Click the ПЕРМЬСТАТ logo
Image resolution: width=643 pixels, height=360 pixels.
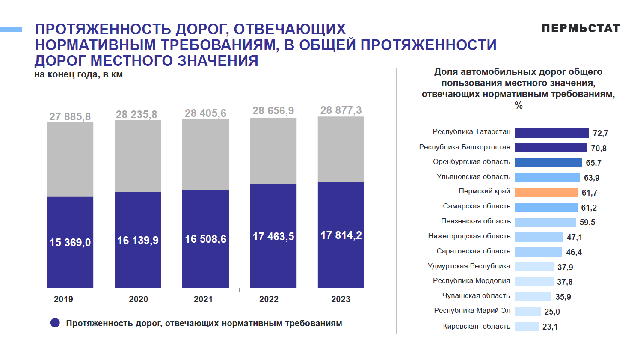(581, 28)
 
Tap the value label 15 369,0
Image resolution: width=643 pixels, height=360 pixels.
(70, 242)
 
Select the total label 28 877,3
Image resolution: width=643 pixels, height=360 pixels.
(341, 110)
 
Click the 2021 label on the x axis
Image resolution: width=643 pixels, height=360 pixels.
(203, 299)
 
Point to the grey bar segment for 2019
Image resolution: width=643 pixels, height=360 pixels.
(70, 159)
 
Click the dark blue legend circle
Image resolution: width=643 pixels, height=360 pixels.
(55, 323)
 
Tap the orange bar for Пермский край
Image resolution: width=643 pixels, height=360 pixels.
(546, 193)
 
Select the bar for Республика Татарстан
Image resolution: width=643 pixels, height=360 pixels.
(552, 133)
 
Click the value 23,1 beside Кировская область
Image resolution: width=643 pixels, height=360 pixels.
(550, 327)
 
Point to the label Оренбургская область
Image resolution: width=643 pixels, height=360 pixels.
(471, 162)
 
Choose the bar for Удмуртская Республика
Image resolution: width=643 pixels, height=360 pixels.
(534, 267)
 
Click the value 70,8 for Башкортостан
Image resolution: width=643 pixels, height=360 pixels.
(599, 148)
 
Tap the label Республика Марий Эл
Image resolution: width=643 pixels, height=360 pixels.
(472, 311)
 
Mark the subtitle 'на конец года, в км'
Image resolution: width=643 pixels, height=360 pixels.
(78, 75)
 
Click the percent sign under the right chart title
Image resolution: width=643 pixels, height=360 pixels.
(519, 105)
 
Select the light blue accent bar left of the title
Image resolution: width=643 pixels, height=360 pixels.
(11, 29)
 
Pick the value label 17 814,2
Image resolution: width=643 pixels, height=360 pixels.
(341, 235)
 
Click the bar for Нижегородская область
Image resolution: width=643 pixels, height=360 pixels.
(539, 237)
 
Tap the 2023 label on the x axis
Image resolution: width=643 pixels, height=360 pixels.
(341, 299)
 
